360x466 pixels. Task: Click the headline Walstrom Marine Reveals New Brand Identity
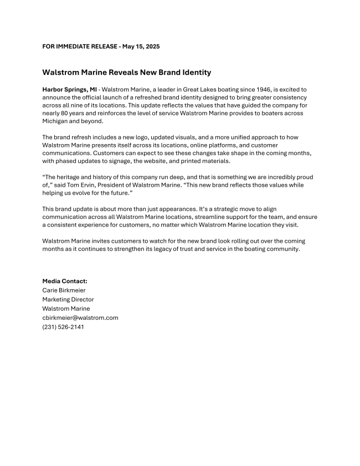click(126, 73)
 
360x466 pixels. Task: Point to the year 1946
click(275, 89)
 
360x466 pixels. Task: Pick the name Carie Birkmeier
click(64, 290)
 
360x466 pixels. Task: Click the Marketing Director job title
click(68, 299)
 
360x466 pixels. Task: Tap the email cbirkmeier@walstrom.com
click(80, 318)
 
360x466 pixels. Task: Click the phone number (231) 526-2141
click(63, 327)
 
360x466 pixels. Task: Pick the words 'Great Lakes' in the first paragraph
click(202, 89)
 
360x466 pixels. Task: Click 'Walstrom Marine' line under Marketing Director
click(66, 309)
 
